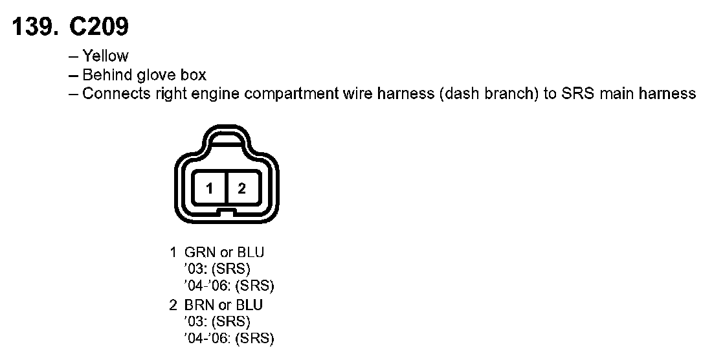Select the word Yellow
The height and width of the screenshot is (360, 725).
(105, 56)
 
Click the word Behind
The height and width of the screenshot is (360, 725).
(109, 75)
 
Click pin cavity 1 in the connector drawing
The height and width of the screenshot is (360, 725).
(210, 188)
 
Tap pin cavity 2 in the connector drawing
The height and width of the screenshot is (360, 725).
(241, 188)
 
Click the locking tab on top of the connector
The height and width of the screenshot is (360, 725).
(226, 138)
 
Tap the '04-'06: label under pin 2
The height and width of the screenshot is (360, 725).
(208, 339)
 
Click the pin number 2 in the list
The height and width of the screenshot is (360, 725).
(173, 305)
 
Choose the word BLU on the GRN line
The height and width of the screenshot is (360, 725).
(251, 252)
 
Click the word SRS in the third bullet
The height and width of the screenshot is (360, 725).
(578, 94)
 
